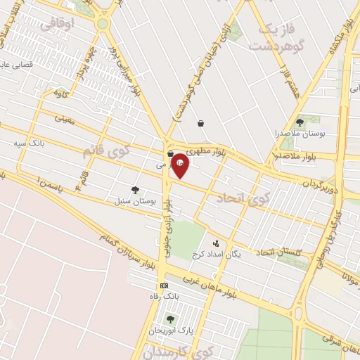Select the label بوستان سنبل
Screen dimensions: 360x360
[134, 200]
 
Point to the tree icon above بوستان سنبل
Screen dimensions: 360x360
[134, 190]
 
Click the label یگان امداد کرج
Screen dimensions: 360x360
[236, 254]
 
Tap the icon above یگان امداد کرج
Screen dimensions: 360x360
[215, 243]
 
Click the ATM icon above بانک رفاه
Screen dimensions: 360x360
[164, 286]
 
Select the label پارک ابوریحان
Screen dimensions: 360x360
[169, 329]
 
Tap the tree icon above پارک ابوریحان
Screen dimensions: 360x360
[169, 319]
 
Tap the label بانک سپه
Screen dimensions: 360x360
[29, 143]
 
